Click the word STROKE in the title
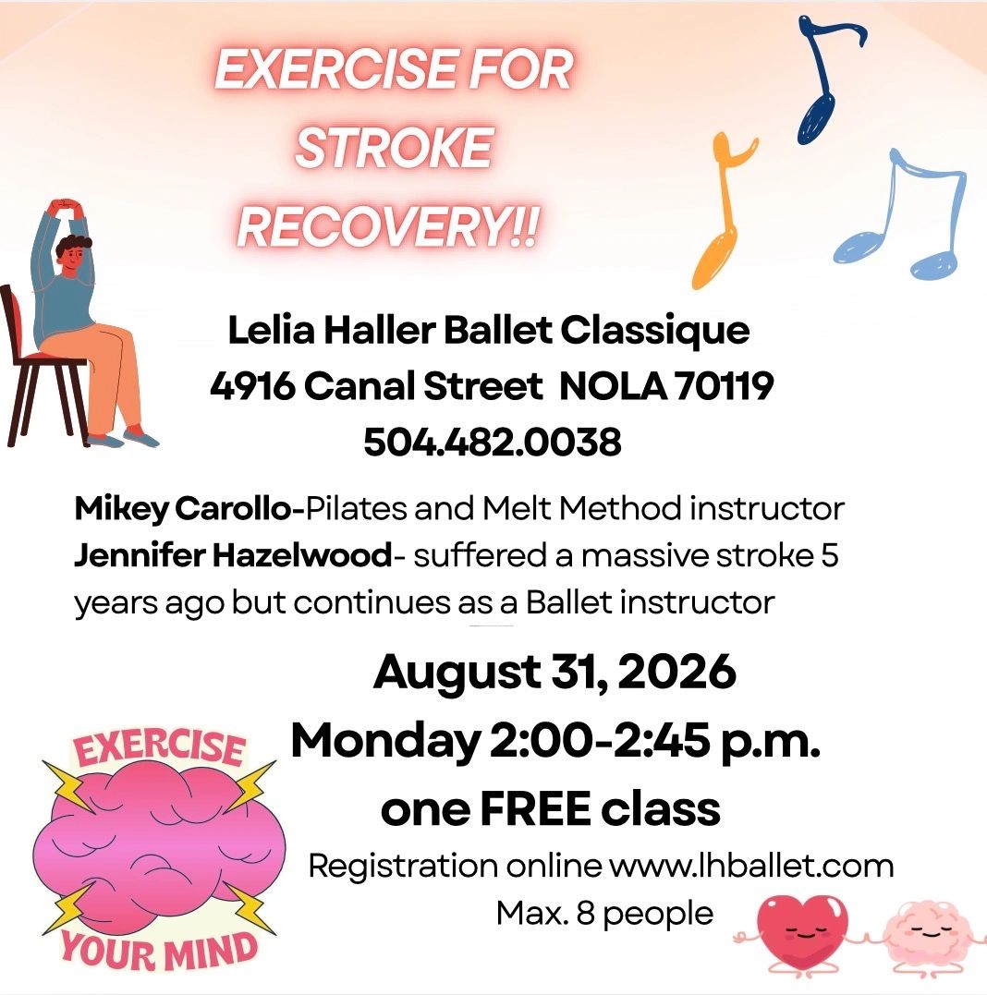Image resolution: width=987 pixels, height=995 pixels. [x=394, y=148]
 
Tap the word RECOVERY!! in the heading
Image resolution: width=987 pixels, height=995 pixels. [x=388, y=226]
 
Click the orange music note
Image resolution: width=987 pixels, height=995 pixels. [x=723, y=210]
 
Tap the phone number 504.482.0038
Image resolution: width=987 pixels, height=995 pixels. [x=492, y=442]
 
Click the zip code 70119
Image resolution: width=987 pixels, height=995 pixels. [x=724, y=386]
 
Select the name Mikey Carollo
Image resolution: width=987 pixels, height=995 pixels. [x=182, y=509]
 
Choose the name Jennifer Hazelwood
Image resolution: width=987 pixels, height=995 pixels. [x=233, y=555]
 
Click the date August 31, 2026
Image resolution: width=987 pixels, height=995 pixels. [x=554, y=673]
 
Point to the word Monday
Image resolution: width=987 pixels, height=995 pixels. [x=385, y=743]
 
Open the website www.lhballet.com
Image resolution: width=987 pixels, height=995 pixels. [x=751, y=867]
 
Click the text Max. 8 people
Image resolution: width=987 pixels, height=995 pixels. [x=604, y=915]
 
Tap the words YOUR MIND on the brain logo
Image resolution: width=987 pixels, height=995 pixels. [x=159, y=952]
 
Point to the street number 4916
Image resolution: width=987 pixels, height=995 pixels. [x=252, y=386]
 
